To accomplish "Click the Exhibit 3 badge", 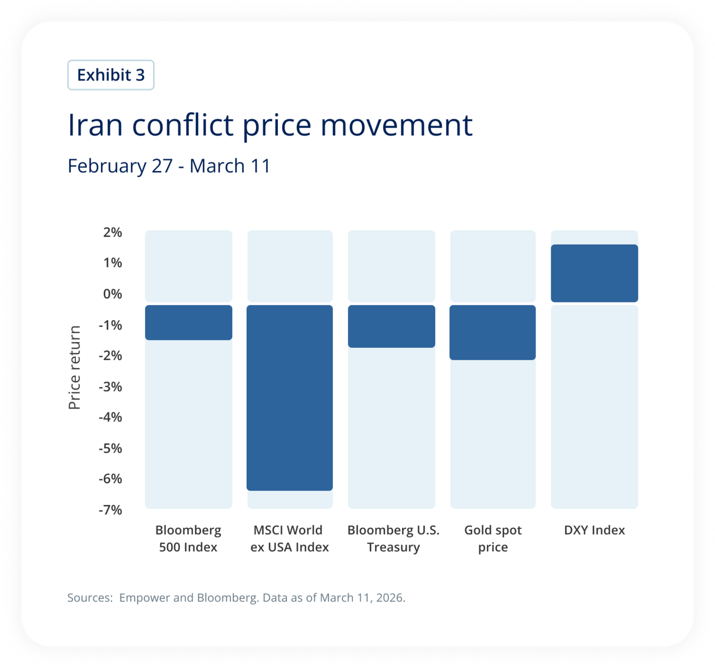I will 110,75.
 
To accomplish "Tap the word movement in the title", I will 396,126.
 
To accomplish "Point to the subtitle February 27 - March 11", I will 169,166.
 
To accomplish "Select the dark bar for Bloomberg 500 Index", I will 188,322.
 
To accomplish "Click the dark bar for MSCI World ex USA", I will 289,398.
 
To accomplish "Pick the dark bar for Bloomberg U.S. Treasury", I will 392,326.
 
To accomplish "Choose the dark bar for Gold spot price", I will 493,332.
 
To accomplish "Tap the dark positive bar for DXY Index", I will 594,273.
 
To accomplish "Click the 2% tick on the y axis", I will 112,232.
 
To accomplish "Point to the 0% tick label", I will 112,294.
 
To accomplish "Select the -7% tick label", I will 110,510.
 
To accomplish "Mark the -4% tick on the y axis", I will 110,417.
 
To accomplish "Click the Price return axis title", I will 75,367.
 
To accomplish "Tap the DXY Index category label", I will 594,530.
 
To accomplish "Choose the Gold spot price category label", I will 493,538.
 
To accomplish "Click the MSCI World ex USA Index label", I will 289,538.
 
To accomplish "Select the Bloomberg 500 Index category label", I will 188,538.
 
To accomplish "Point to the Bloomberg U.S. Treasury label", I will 393,538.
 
